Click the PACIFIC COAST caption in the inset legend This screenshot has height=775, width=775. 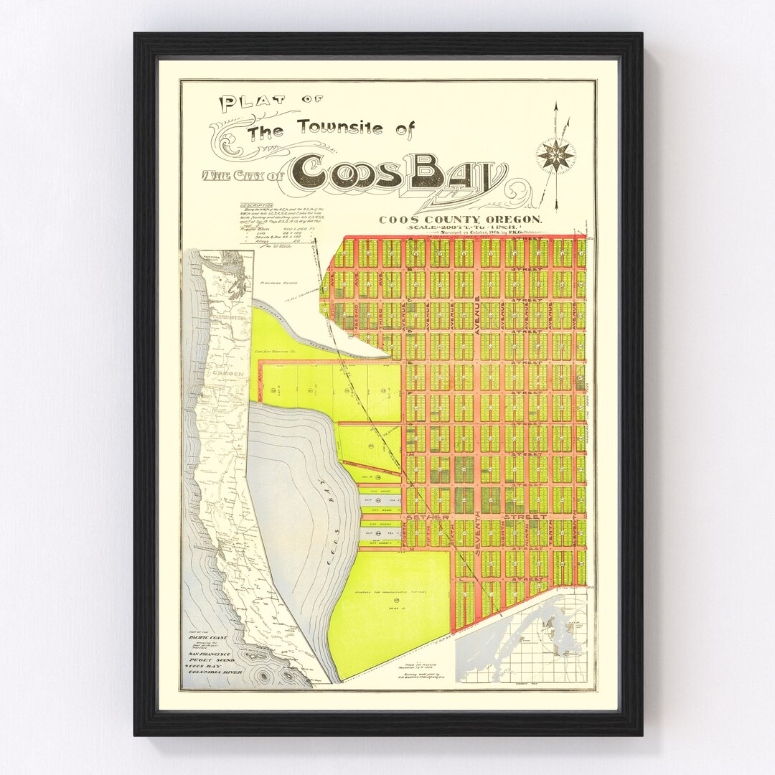click(x=207, y=638)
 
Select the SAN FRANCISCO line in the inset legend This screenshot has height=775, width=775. click(x=210, y=654)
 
